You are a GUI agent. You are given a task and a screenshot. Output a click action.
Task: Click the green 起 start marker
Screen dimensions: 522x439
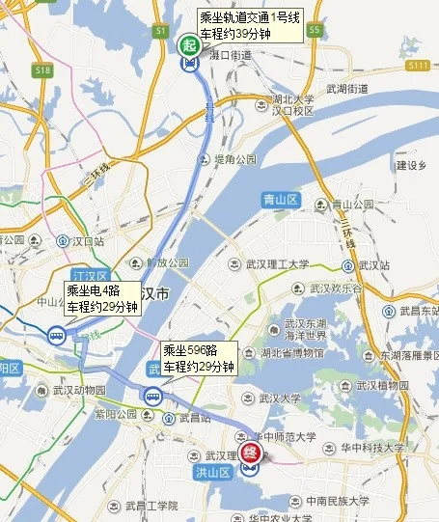(189, 44)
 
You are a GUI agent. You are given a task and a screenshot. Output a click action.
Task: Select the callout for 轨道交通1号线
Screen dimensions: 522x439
(250, 25)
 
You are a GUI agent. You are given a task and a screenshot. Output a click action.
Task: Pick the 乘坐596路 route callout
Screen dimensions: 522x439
(199, 357)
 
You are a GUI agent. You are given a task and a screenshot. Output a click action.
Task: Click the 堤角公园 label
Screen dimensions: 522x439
(234, 158)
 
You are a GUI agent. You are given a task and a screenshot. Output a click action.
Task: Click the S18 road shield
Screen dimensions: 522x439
(42, 70)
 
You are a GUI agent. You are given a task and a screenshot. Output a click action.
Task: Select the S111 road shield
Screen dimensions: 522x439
(417, 65)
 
